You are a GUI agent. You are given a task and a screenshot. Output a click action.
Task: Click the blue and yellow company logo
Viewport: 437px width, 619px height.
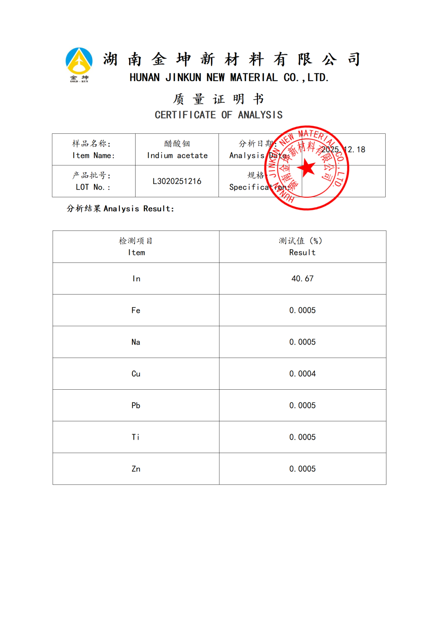tap(79, 63)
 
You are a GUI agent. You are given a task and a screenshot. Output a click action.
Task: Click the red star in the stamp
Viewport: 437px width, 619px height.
tap(308, 167)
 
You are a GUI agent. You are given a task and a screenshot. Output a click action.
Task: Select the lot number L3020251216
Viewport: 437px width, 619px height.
tap(177, 181)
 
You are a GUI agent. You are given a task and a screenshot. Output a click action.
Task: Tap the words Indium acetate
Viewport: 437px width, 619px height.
tap(177, 156)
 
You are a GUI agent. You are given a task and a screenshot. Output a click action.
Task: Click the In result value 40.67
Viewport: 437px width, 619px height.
tap(302, 279)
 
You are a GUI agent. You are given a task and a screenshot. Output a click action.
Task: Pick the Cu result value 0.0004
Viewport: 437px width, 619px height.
tap(302, 374)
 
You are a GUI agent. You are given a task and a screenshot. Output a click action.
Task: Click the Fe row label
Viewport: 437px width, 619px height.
tap(136, 310)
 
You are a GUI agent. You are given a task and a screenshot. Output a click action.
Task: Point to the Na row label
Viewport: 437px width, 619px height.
tap(136, 342)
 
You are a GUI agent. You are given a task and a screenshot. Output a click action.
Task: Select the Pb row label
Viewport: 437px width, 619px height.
tap(136, 406)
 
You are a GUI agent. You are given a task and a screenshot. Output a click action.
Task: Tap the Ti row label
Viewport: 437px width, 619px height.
tap(136, 437)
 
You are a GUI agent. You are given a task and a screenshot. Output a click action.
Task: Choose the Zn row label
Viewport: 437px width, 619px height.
tap(136, 469)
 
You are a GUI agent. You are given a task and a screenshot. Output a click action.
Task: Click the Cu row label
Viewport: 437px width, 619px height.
tap(136, 374)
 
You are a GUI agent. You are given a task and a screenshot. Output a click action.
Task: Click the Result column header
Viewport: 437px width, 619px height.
tap(302, 252)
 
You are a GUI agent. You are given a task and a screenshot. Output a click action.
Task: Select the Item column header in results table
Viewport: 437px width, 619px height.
tap(136, 252)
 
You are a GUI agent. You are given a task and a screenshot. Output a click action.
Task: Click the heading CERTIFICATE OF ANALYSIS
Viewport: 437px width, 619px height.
tap(218, 115)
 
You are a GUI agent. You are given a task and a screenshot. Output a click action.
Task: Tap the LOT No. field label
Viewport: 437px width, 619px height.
tap(93, 187)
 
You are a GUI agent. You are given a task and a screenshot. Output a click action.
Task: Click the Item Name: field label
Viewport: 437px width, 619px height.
tap(93, 156)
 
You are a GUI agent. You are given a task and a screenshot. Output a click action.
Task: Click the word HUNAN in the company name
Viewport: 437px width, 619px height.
tap(144, 77)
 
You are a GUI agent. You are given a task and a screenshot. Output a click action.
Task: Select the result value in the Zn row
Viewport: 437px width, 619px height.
tap(302, 469)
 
